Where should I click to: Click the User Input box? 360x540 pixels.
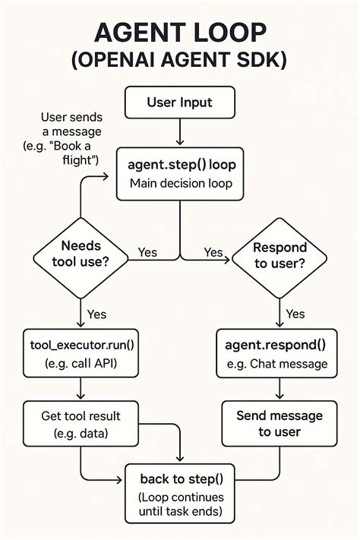[x=179, y=102]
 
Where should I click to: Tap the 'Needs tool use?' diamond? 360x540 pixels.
[x=80, y=255]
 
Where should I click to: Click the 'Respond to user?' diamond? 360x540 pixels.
[x=279, y=255]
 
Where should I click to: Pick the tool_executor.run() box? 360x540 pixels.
[x=81, y=353]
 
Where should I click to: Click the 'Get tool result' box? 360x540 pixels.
[x=81, y=425]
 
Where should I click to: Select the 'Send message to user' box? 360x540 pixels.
[x=279, y=424]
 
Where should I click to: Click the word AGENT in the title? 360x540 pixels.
[x=135, y=34]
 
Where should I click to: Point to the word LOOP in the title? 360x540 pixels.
[x=228, y=34]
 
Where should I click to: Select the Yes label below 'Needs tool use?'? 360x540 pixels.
[x=96, y=314]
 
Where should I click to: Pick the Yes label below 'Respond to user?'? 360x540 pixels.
[x=295, y=314]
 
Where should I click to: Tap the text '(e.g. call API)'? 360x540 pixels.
[x=81, y=363]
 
